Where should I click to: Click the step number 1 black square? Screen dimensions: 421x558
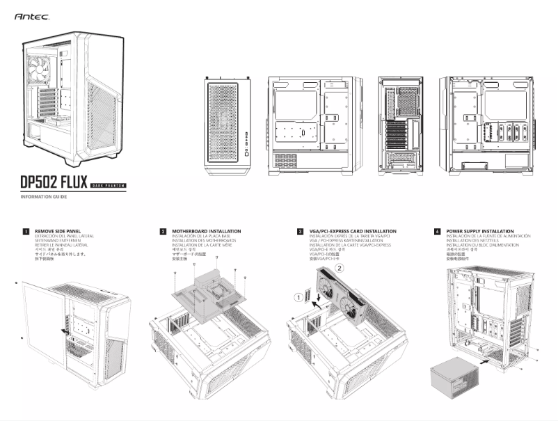pyautogui.click(x=26, y=231)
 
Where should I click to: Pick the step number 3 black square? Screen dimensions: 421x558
pyautogui.click(x=300, y=231)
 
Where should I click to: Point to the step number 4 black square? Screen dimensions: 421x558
pyautogui.click(x=437, y=231)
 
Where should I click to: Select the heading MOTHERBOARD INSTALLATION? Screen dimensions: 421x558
pyautogui.click(x=206, y=230)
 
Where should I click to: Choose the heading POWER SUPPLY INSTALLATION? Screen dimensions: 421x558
pyautogui.click(x=480, y=230)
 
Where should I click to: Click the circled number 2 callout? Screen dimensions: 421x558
pyautogui.click(x=340, y=267)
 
